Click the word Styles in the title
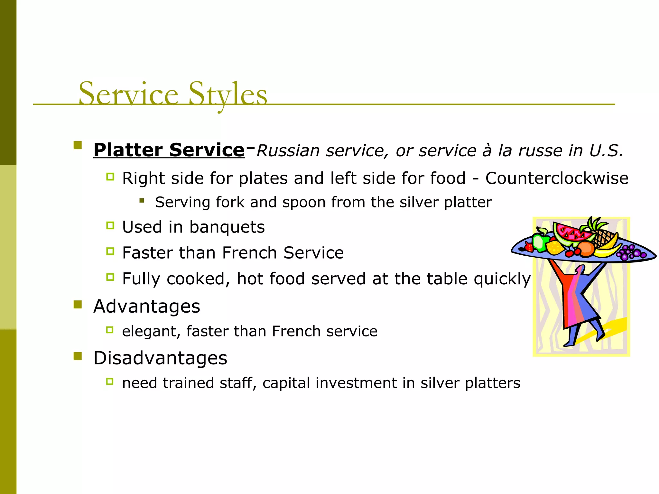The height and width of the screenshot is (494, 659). click(227, 94)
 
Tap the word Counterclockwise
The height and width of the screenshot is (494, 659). click(557, 178)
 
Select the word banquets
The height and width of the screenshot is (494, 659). click(227, 227)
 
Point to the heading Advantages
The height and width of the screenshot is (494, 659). click(146, 306)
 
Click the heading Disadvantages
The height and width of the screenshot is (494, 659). click(160, 358)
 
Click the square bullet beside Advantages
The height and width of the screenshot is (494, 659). click(78, 304)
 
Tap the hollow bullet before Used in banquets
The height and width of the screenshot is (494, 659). click(110, 225)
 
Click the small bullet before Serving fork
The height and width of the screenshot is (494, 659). click(142, 201)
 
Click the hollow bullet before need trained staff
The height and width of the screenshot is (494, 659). click(110, 381)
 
